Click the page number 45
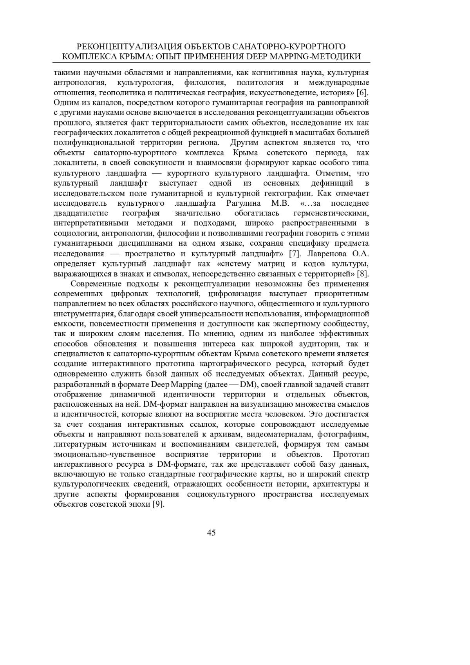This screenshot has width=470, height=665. pos(211,532)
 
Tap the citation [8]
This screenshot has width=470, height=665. pos(363,274)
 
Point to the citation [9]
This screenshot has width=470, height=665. pos(157,504)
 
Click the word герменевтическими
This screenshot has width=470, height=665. pos(331,213)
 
